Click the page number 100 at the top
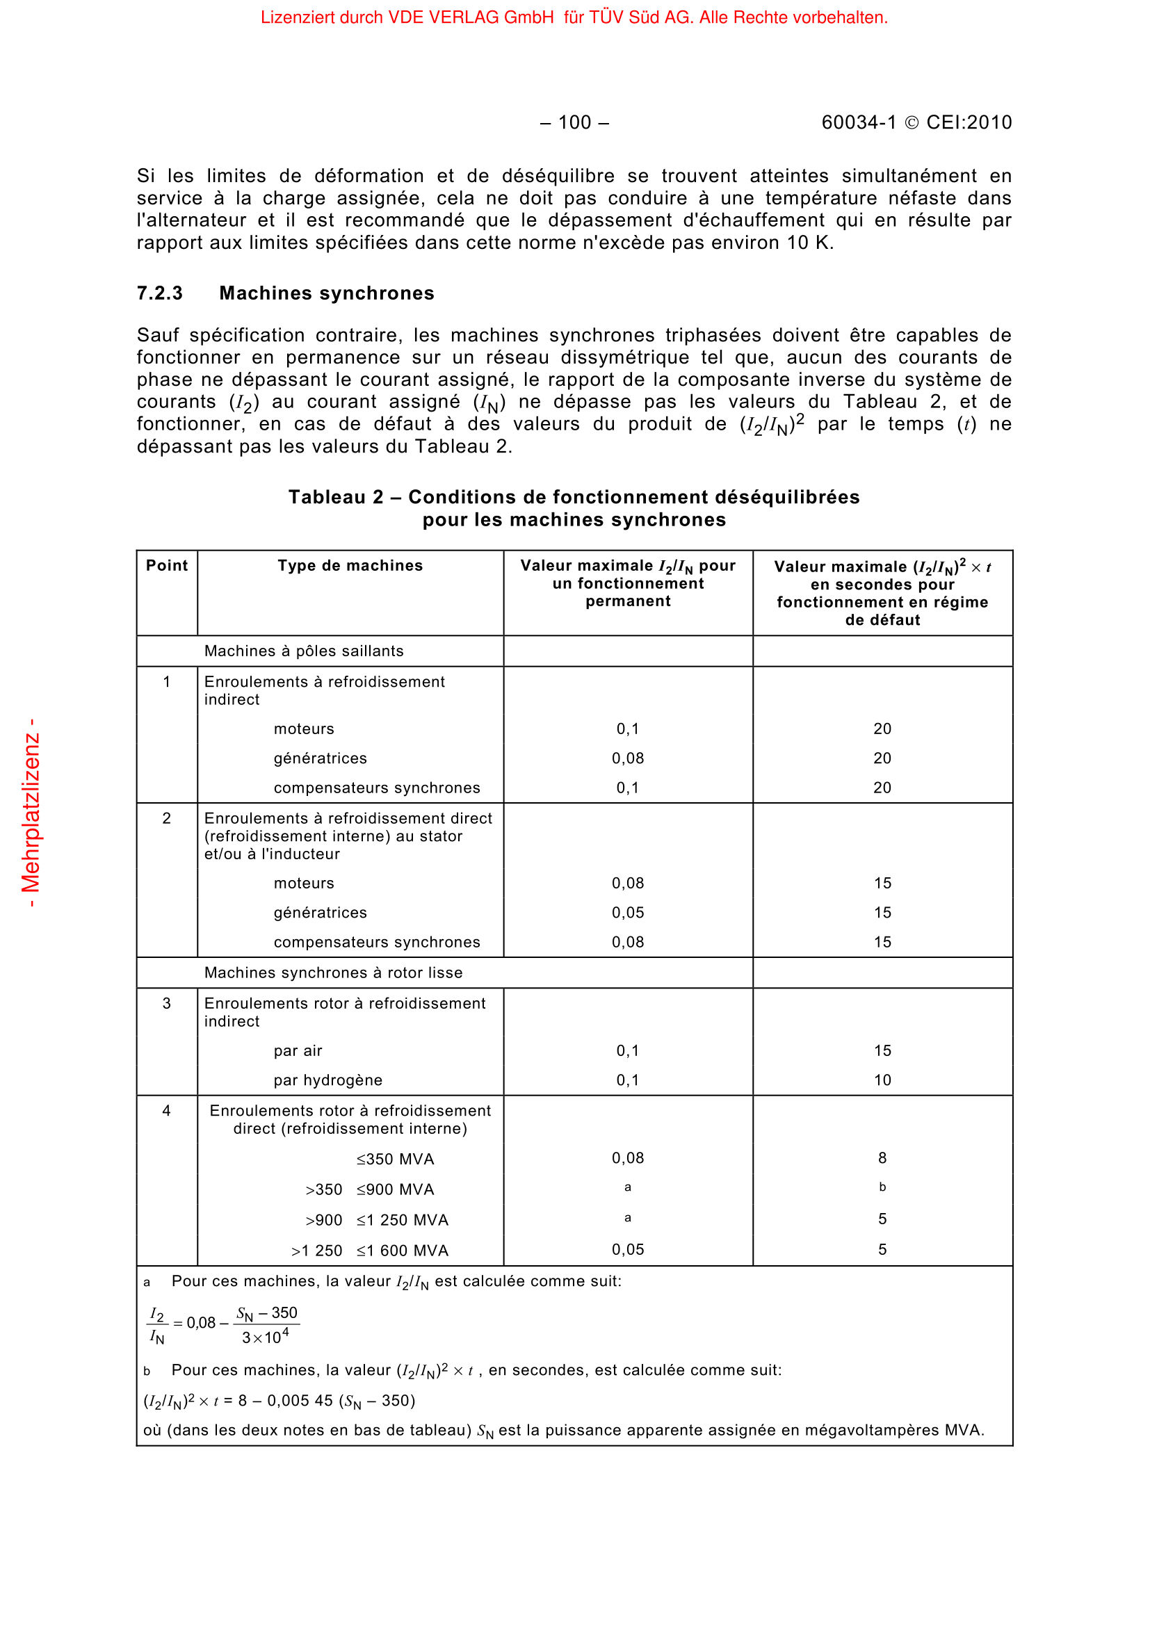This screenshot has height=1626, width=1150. point(574,122)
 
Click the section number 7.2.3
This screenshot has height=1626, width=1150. point(159,293)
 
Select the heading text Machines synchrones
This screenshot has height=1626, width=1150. point(327,293)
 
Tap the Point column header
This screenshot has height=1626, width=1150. point(166,565)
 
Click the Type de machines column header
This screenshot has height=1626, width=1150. point(350,565)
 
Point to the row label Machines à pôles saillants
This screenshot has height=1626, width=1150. point(304,651)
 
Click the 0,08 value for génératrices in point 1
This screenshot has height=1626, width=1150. point(628,758)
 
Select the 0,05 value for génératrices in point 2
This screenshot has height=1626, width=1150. point(628,913)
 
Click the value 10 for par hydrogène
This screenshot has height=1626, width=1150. point(882,1080)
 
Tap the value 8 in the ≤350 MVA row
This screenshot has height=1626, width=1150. point(882,1158)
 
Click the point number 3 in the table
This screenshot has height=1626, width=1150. point(166,1004)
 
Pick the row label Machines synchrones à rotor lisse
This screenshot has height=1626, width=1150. point(333,973)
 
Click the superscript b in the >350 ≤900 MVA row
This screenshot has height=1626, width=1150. point(882,1187)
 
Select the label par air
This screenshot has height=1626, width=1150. point(298,1051)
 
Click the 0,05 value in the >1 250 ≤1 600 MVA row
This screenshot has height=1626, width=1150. point(628,1250)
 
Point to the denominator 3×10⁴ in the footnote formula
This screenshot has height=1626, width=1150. point(266,1337)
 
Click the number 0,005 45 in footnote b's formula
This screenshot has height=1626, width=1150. point(300,1401)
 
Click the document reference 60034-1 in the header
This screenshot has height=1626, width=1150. point(859,122)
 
